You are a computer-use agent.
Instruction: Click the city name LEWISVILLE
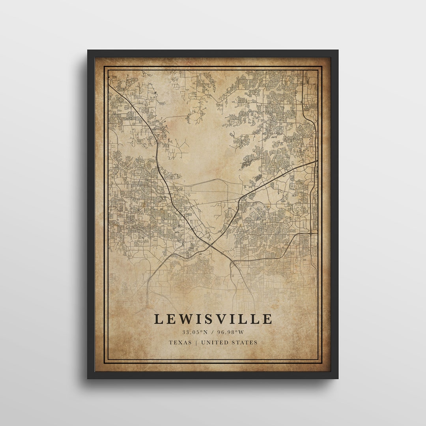pyautogui.click(x=213, y=319)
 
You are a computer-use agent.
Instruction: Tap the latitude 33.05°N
pyautogui.click(x=194, y=332)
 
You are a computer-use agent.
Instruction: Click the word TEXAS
pyautogui.click(x=180, y=342)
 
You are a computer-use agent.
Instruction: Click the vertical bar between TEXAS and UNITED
pyautogui.click(x=196, y=342)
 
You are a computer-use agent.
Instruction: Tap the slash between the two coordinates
pyautogui.click(x=213, y=332)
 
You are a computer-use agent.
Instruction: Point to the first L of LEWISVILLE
pyautogui.click(x=158, y=319)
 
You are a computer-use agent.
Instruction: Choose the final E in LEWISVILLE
pyautogui.click(x=268, y=319)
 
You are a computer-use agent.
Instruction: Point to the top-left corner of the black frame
pyautogui.click(x=88, y=50)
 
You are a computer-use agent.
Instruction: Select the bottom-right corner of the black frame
pyautogui.click(x=338, y=378)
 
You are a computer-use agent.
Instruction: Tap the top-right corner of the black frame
pyautogui.click(x=338, y=50)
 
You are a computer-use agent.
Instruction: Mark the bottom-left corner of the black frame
pyautogui.click(x=88, y=378)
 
